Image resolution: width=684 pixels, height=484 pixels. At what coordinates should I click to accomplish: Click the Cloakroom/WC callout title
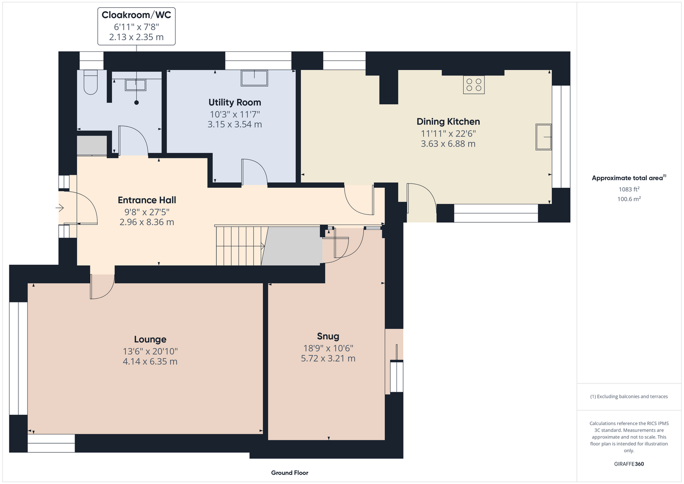pos(136,15)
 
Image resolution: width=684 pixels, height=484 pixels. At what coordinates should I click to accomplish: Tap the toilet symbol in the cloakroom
pos(91,82)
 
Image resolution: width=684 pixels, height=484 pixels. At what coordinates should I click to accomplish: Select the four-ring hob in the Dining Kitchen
pos(473,85)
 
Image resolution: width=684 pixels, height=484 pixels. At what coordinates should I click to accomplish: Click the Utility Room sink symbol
pos(254,78)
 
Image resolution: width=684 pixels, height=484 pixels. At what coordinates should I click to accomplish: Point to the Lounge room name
pos(150,339)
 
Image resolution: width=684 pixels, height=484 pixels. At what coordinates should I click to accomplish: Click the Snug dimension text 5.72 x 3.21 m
pos(328,358)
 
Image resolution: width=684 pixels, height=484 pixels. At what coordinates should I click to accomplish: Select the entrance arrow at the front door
pos(60,208)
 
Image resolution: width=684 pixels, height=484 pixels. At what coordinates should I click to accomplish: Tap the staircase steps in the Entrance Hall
pos(240,246)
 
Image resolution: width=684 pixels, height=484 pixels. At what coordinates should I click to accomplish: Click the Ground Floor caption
pos(289,473)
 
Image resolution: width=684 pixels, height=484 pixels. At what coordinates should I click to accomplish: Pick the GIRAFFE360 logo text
pos(629,464)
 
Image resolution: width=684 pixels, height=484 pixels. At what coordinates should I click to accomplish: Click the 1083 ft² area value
pos(629,189)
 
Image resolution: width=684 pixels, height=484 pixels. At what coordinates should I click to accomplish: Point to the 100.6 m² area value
pos(629,199)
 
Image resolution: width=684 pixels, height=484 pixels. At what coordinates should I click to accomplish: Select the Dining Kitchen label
pos(448,121)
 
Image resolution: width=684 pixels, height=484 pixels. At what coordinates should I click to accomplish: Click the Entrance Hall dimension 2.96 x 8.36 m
pos(147,222)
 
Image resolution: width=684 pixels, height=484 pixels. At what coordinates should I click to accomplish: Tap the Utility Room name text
pos(234,102)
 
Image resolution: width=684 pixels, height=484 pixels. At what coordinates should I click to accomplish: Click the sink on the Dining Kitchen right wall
pos(544,137)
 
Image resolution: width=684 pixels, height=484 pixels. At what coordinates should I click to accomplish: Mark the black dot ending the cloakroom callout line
pos(137,103)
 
